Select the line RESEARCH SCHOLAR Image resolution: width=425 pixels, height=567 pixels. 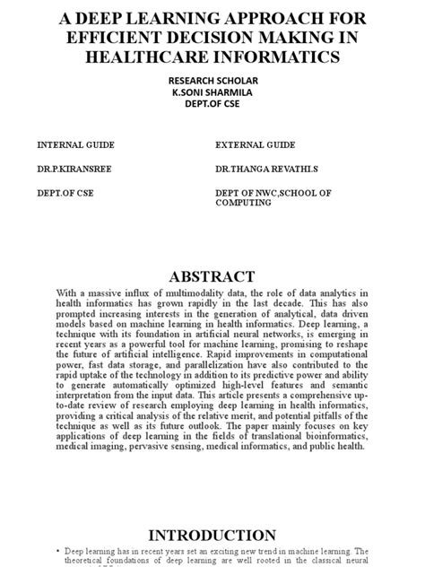[212, 80]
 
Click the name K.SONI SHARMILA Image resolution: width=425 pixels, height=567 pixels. [212, 92]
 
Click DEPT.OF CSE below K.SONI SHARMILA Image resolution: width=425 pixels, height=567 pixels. [212, 103]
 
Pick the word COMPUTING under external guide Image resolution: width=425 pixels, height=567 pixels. [242, 203]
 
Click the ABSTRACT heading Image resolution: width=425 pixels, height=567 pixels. [212, 275]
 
